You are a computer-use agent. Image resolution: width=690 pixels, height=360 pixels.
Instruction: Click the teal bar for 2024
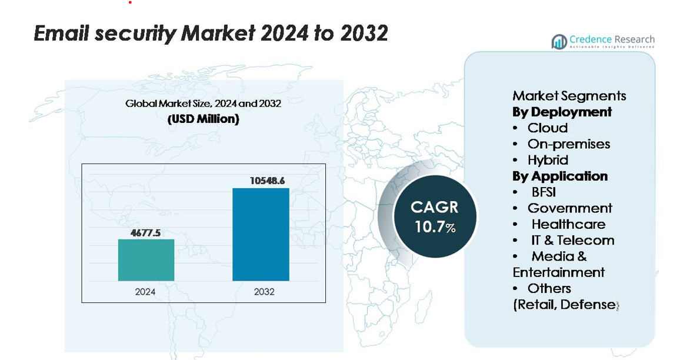click(x=146, y=260)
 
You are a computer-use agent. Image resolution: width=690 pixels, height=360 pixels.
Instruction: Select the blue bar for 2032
click(x=261, y=234)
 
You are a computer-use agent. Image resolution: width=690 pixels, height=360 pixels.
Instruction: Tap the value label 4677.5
click(x=146, y=233)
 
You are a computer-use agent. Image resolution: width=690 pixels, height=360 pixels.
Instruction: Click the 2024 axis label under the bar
click(x=145, y=291)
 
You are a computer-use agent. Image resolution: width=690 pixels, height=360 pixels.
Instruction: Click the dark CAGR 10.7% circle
click(x=435, y=216)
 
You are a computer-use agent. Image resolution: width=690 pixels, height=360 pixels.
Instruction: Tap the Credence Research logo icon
click(x=559, y=41)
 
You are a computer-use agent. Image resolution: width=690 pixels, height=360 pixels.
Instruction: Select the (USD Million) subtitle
click(x=203, y=119)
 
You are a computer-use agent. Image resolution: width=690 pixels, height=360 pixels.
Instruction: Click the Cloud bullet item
click(x=547, y=128)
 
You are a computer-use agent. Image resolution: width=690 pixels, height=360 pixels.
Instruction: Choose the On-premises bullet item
click(x=568, y=144)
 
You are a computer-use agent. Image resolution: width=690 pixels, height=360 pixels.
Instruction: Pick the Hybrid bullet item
click(x=548, y=160)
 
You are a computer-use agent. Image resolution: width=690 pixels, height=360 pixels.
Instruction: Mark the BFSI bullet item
click(x=543, y=192)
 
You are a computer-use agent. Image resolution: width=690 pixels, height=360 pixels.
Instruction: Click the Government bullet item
click(x=569, y=208)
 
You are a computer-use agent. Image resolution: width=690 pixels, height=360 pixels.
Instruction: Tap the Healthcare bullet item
click(x=568, y=224)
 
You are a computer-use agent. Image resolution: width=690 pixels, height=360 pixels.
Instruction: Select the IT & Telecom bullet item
click(x=572, y=240)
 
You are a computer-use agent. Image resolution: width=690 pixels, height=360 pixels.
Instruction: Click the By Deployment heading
click(x=562, y=112)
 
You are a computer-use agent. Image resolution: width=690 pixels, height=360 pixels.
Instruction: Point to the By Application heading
click(x=560, y=176)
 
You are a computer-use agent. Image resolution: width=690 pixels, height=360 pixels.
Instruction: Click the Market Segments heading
click(x=569, y=96)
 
